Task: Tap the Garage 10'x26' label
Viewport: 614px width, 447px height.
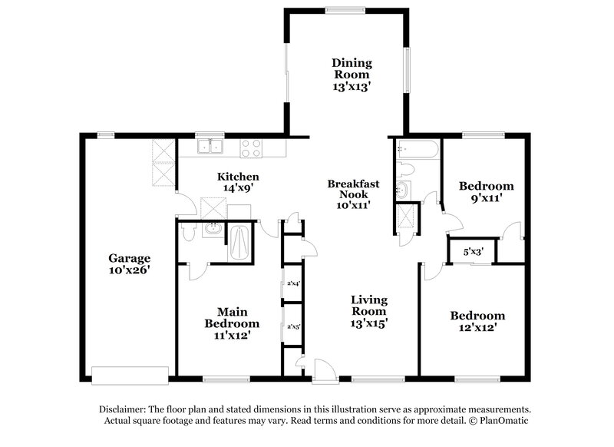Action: (x=129, y=263)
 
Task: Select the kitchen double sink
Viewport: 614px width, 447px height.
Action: (x=208, y=146)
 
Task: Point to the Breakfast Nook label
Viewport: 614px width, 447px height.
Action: (x=352, y=195)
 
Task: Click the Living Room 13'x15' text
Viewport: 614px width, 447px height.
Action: (x=368, y=311)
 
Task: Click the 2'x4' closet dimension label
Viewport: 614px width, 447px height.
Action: (x=291, y=283)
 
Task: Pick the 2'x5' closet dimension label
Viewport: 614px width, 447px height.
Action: (x=291, y=326)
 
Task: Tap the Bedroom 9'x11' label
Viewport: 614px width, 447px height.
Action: (x=485, y=192)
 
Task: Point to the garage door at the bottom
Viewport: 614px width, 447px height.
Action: (x=130, y=374)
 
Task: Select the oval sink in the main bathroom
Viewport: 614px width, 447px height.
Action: (x=213, y=228)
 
